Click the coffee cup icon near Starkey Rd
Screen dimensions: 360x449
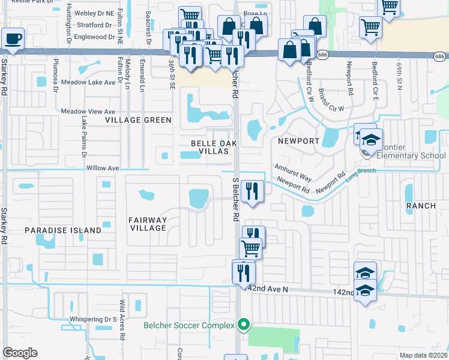[x=13, y=39]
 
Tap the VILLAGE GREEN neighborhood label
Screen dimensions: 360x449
[x=138, y=121]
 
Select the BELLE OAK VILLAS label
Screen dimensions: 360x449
[x=210, y=147]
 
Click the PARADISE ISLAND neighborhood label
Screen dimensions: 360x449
[x=63, y=230]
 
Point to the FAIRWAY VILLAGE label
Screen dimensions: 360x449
[x=148, y=224]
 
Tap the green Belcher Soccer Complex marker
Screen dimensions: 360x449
[x=243, y=325]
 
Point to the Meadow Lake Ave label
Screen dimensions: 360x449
[x=88, y=83]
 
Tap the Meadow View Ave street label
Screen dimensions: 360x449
[x=88, y=112]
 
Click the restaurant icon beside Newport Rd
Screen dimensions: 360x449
[x=253, y=192]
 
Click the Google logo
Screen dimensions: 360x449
[x=20, y=352]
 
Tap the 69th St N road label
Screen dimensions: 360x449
[x=399, y=71]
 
